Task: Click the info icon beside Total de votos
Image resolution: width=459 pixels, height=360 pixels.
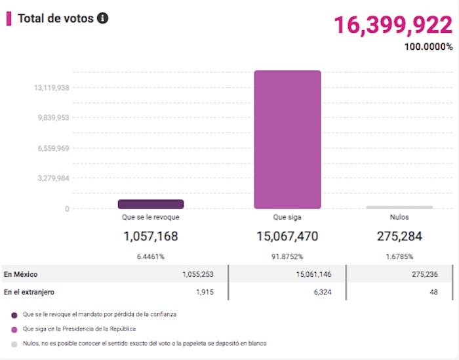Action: coord(102,18)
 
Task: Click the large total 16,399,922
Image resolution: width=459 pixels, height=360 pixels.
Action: coord(393,26)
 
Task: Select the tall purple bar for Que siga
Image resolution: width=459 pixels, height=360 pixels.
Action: coord(288,139)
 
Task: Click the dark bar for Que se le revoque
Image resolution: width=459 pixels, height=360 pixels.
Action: coord(151,205)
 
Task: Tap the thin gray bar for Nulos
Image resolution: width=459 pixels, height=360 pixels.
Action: coord(399,207)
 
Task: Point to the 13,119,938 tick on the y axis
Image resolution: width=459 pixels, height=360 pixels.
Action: coord(52,88)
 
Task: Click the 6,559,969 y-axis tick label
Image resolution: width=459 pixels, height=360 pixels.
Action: coord(52,148)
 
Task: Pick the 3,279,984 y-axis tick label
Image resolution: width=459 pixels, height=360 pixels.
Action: coord(52,178)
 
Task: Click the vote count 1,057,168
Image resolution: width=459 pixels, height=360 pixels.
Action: coord(151,236)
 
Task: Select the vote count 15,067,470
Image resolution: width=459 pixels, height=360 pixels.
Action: coord(288,236)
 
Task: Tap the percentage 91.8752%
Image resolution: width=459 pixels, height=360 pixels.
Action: coord(288,256)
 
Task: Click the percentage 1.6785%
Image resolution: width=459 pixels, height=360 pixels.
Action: coord(399,256)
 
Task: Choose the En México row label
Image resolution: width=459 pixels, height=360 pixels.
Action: coord(19,275)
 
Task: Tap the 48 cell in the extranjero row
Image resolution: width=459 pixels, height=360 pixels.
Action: coord(433,292)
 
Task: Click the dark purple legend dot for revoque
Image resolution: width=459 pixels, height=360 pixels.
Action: coord(14,315)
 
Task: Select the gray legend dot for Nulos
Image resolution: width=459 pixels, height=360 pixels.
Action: coord(14,343)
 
